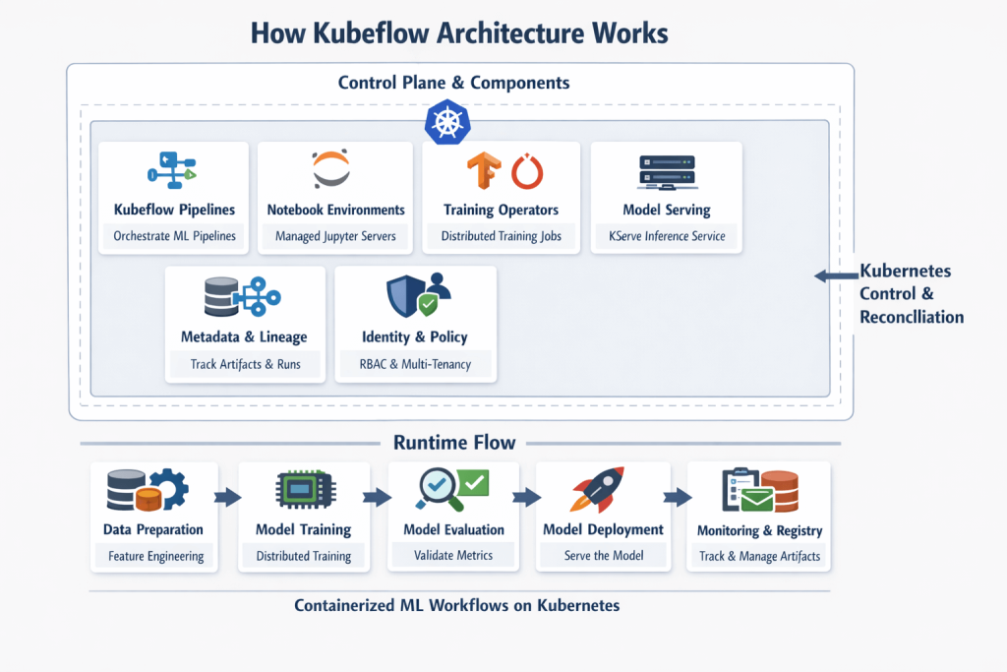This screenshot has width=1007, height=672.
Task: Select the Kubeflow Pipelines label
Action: point(174,210)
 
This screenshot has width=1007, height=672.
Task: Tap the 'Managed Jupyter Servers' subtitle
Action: point(335,236)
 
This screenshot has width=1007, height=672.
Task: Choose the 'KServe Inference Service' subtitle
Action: point(666,236)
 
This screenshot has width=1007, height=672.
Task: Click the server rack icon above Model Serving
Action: point(666,171)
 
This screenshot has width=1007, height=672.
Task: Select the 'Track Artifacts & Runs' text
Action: point(245,364)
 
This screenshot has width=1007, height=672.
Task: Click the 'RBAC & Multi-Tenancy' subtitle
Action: point(415,364)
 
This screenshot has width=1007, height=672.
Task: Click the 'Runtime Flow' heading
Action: point(454,442)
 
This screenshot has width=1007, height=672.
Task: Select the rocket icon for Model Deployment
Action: point(597,489)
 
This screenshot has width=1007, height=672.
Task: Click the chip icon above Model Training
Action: point(303,490)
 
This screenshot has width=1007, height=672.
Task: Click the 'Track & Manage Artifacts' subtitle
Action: point(759,556)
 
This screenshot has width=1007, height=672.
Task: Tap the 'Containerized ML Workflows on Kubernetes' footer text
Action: point(457,605)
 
